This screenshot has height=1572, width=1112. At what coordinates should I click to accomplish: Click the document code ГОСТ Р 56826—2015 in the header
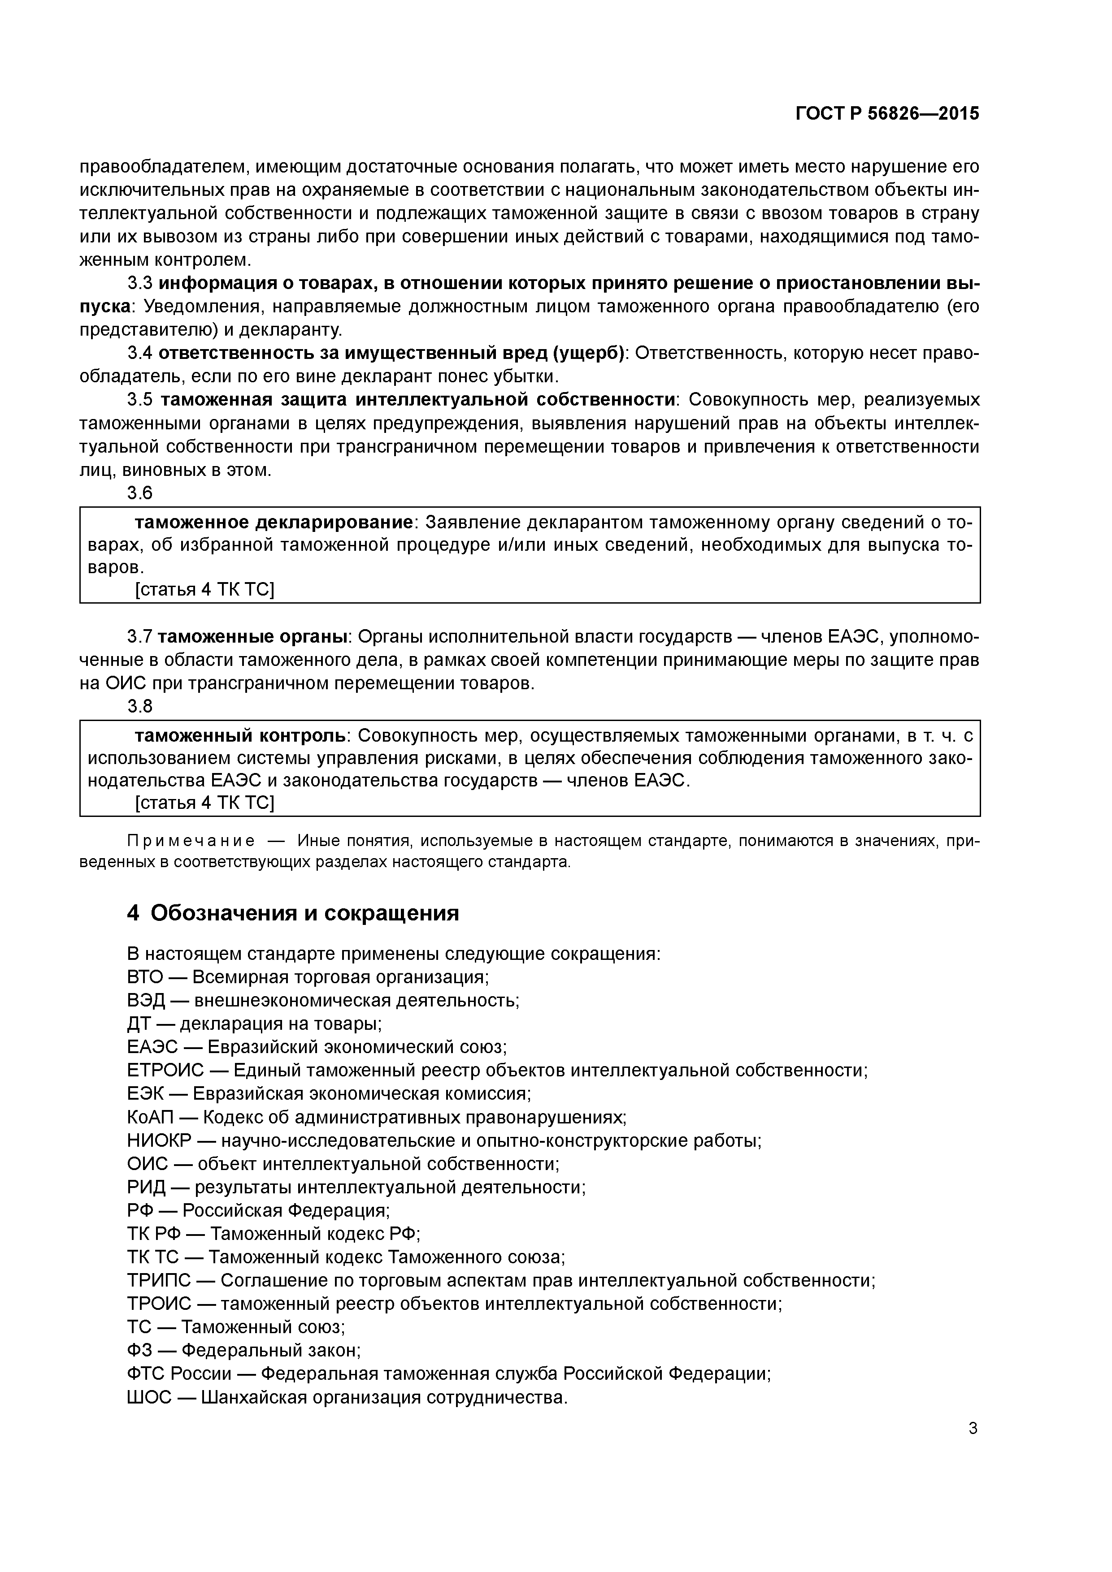click(887, 114)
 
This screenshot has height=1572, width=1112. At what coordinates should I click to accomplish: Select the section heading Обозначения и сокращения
click(304, 913)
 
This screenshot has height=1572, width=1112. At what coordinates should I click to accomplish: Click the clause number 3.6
click(140, 493)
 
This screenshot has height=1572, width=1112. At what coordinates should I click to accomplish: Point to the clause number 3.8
click(140, 706)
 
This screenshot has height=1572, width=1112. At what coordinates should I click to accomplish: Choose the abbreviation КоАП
click(150, 1117)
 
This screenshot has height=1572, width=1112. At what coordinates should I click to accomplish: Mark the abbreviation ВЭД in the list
click(146, 1000)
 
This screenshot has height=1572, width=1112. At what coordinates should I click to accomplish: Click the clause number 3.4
click(140, 353)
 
